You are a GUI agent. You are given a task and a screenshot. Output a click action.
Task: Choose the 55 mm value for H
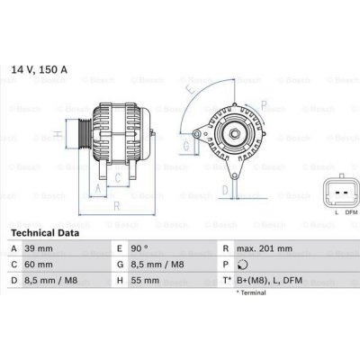[x=144, y=280]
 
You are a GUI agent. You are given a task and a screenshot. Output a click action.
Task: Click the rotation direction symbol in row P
[x=241, y=264]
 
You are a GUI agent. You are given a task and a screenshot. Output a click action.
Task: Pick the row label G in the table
[x=120, y=264]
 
